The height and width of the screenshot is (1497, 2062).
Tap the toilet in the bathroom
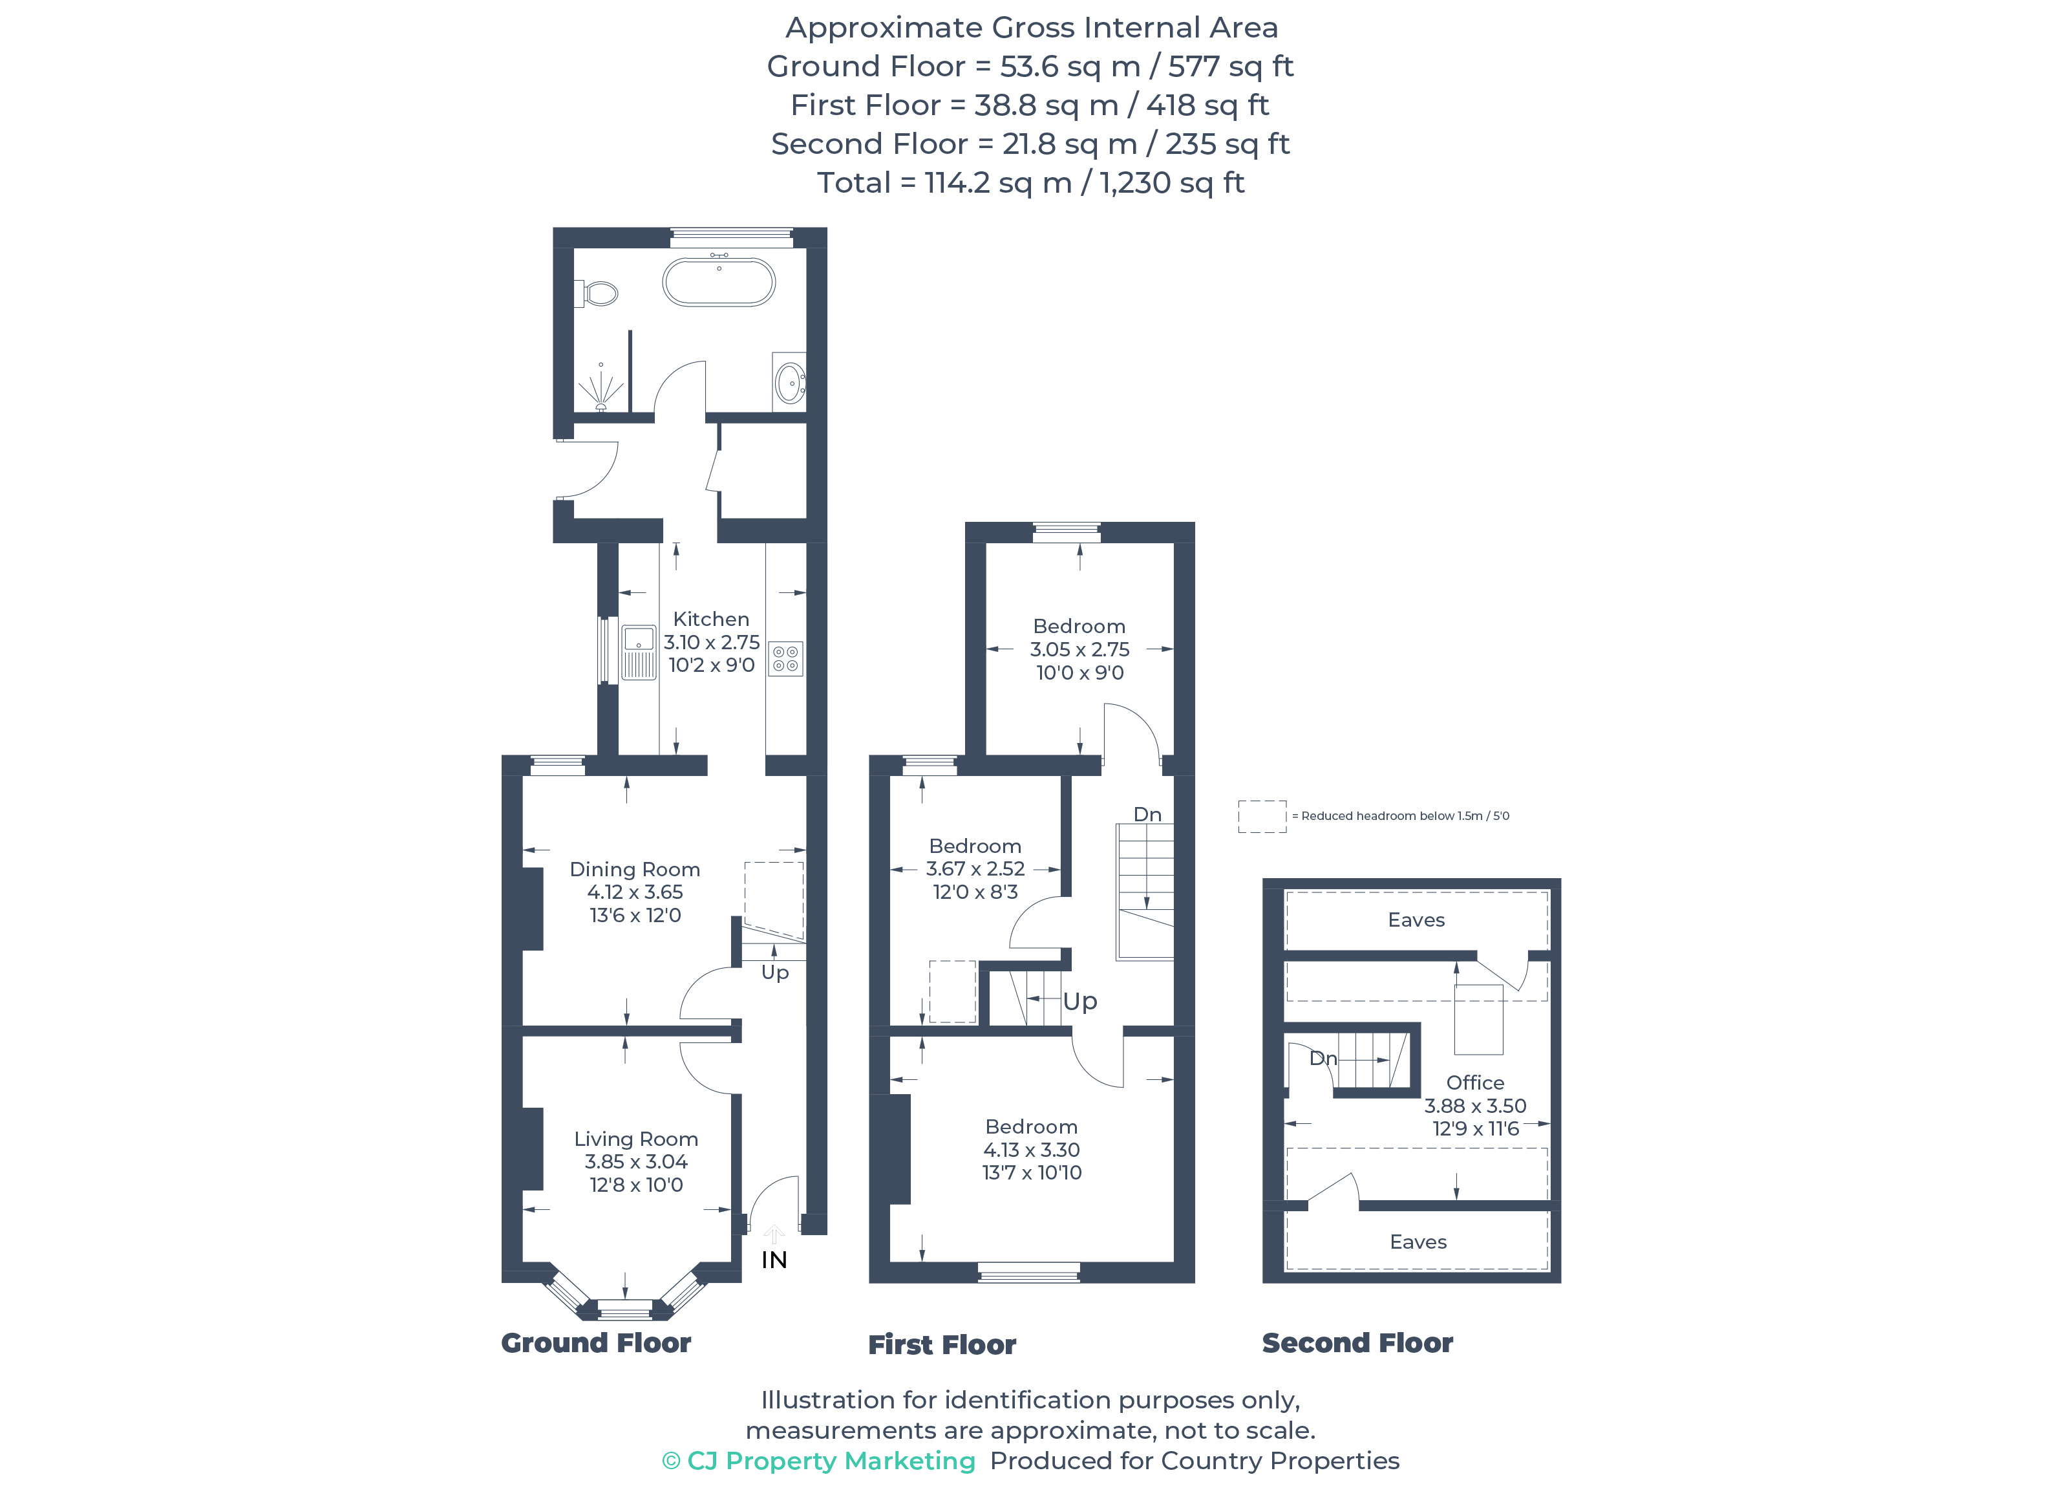coord(598,294)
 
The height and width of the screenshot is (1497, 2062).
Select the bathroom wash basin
coord(789,383)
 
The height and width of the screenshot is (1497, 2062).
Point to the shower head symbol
coord(601,391)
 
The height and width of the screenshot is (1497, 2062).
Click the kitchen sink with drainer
coord(638,652)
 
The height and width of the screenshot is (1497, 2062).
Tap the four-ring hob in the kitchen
coord(785,658)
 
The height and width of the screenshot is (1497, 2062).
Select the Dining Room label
coord(635,870)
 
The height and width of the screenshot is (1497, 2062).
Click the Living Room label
coord(635,1139)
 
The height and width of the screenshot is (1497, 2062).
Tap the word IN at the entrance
coord(774,1260)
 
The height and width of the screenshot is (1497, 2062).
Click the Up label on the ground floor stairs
coord(774,972)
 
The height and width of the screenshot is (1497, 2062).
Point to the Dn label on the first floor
coord(1147,815)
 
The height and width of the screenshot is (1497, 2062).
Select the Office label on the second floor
coord(1474,1082)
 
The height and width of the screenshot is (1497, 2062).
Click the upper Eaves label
coord(1416,920)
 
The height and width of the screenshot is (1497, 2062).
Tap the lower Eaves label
coord(1418,1242)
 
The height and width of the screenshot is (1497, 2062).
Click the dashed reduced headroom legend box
coord(1262,816)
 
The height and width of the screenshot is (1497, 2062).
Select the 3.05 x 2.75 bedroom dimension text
coord(1079,649)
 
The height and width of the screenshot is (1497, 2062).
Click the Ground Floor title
coord(595,1342)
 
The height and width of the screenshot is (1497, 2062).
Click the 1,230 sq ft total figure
coord(1171,183)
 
